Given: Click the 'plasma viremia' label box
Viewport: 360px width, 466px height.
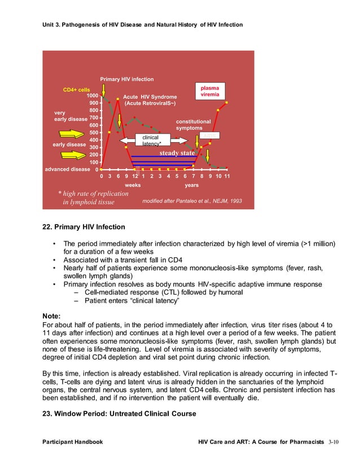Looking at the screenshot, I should [x=210, y=92].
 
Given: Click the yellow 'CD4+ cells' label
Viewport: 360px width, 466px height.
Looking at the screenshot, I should [x=76, y=90].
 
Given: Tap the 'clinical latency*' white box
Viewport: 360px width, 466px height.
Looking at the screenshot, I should [x=150, y=140].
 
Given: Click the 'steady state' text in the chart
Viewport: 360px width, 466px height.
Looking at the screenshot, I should [x=177, y=153].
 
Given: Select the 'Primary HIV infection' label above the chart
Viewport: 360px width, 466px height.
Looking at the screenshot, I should [x=126, y=80].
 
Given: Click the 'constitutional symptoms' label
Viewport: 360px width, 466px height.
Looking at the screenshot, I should [x=193, y=125].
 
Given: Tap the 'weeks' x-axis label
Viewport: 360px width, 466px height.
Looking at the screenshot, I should [x=133, y=184].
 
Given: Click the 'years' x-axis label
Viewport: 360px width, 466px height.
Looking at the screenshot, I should [x=192, y=184].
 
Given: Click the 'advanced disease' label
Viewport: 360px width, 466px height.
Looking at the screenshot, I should [x=67, y=169].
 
